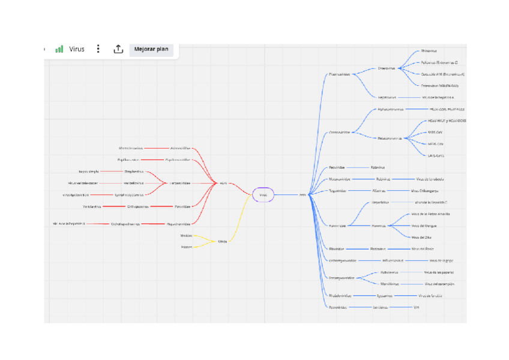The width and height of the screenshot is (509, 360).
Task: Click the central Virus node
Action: pyautogui.click(x=263, y=194)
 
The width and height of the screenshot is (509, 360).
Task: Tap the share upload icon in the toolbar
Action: pyautogui.click(x=118, y=49)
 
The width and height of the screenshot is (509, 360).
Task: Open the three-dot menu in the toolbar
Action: pyautogui.click(x=98, y=49)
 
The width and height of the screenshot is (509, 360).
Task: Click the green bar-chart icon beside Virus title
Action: pyautogui.click(x=59, y=49)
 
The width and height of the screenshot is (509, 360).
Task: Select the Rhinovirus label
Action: pyautogui.click(x=429, y=51)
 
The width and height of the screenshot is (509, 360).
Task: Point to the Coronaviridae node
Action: pyautogui.click(x=339, y=132)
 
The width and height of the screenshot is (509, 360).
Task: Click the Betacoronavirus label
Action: pyautogui.click(x=390, y=138)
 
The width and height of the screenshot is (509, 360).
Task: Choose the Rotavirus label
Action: pyautogui.click(x=378, y=167)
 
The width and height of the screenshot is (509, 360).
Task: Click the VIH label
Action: pyautogui.click(x=417, y=307)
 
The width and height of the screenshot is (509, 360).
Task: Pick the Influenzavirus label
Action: pyautogui.click(x=393, y=260)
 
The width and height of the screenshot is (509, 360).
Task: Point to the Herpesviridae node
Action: pyautogui.click(x=180, y=183)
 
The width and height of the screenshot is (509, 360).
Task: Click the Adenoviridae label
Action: pyautogui.click(x=180, y=148)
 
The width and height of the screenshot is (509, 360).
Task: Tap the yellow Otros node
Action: pyautogui.click(x=222, y=241)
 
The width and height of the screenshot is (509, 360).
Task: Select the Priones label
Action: pyautogui.click(x=187, y=247)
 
